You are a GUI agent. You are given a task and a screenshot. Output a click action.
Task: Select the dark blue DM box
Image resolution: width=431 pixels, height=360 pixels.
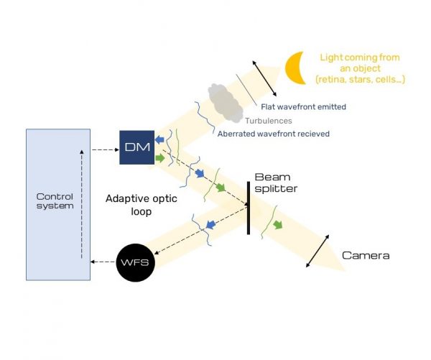tap(136, 147)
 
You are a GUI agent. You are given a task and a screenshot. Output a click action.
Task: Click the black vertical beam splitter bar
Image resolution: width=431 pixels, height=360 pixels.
tap(249, 208)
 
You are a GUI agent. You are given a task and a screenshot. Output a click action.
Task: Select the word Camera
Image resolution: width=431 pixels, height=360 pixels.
tap(365, 256)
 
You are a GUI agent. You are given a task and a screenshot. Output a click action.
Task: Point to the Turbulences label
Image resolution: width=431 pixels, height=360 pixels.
tap(267, 120)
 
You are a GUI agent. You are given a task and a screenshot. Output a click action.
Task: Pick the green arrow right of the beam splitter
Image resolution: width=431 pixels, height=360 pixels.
tap(278, 225)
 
